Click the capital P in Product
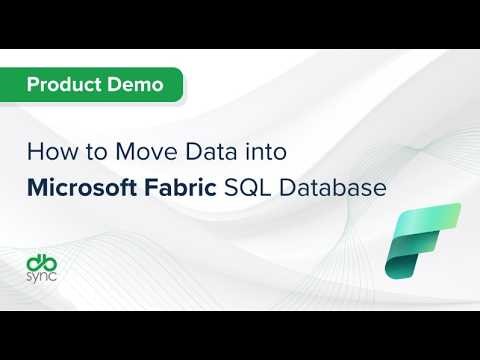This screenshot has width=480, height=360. [x=32, y=85]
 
